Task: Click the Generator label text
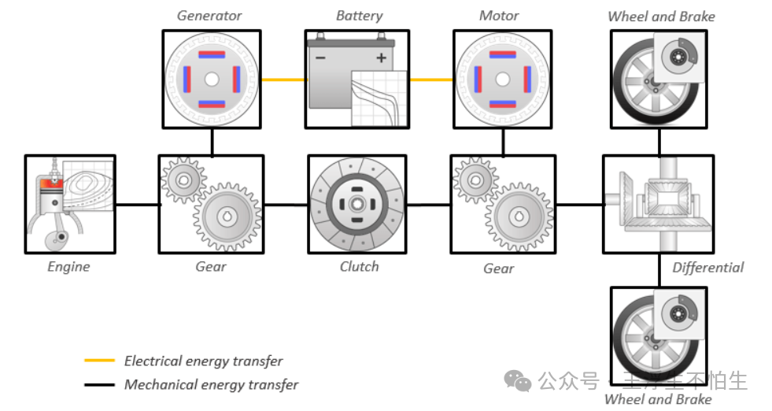(x=209, y=16)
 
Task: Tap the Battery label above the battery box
(x=359, y=16)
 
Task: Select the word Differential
(x=707, y=268)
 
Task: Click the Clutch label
(x=359, y=267)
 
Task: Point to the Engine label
(x=68, y=267)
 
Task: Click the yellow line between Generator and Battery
(x=282, y=80)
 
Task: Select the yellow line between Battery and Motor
(x=430, y=80)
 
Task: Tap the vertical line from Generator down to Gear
(x=212, y=141)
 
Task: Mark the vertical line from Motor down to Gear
(x=502, y=141)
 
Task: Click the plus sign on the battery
(x=382, y=58)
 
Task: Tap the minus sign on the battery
(x=320, y=58)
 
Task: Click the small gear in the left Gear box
(x=182, y=180)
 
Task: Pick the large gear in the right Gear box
(x=519, y=217)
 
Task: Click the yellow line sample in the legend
(x=100, y=361)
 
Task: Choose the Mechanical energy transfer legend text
(x=211, y=385)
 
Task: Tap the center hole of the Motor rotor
(x=502, y=80)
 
